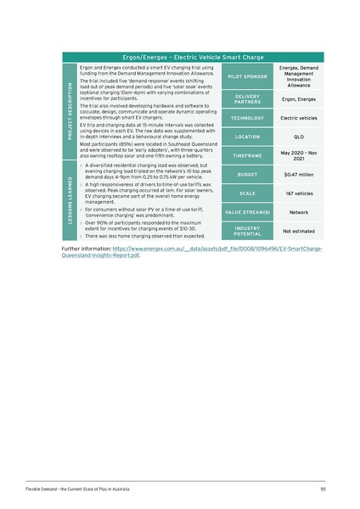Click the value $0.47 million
coord(298,174)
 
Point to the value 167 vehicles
coord(298,193)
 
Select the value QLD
coord(298,136)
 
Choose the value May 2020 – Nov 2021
coord(298,155)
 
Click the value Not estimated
coord(298,231)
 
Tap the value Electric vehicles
coord(298,117)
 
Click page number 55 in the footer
coord(323,489)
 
